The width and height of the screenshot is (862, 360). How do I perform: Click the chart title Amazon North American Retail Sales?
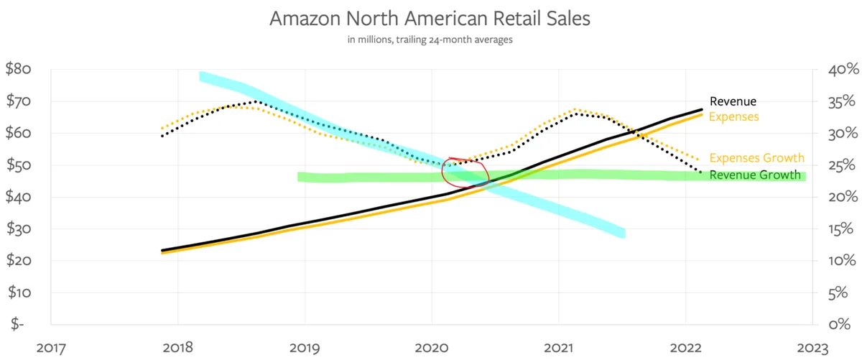[x=430, y=19]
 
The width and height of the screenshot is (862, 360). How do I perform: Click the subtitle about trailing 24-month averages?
[x=430, y=40]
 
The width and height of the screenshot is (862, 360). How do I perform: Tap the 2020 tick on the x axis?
[x=431, y=348]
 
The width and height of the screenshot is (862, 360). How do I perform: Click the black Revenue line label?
[x=733, y=101]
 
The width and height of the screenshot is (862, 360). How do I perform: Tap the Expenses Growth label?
[x=756, y=158]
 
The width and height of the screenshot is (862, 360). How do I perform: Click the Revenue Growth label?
[x=754, y=175]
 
